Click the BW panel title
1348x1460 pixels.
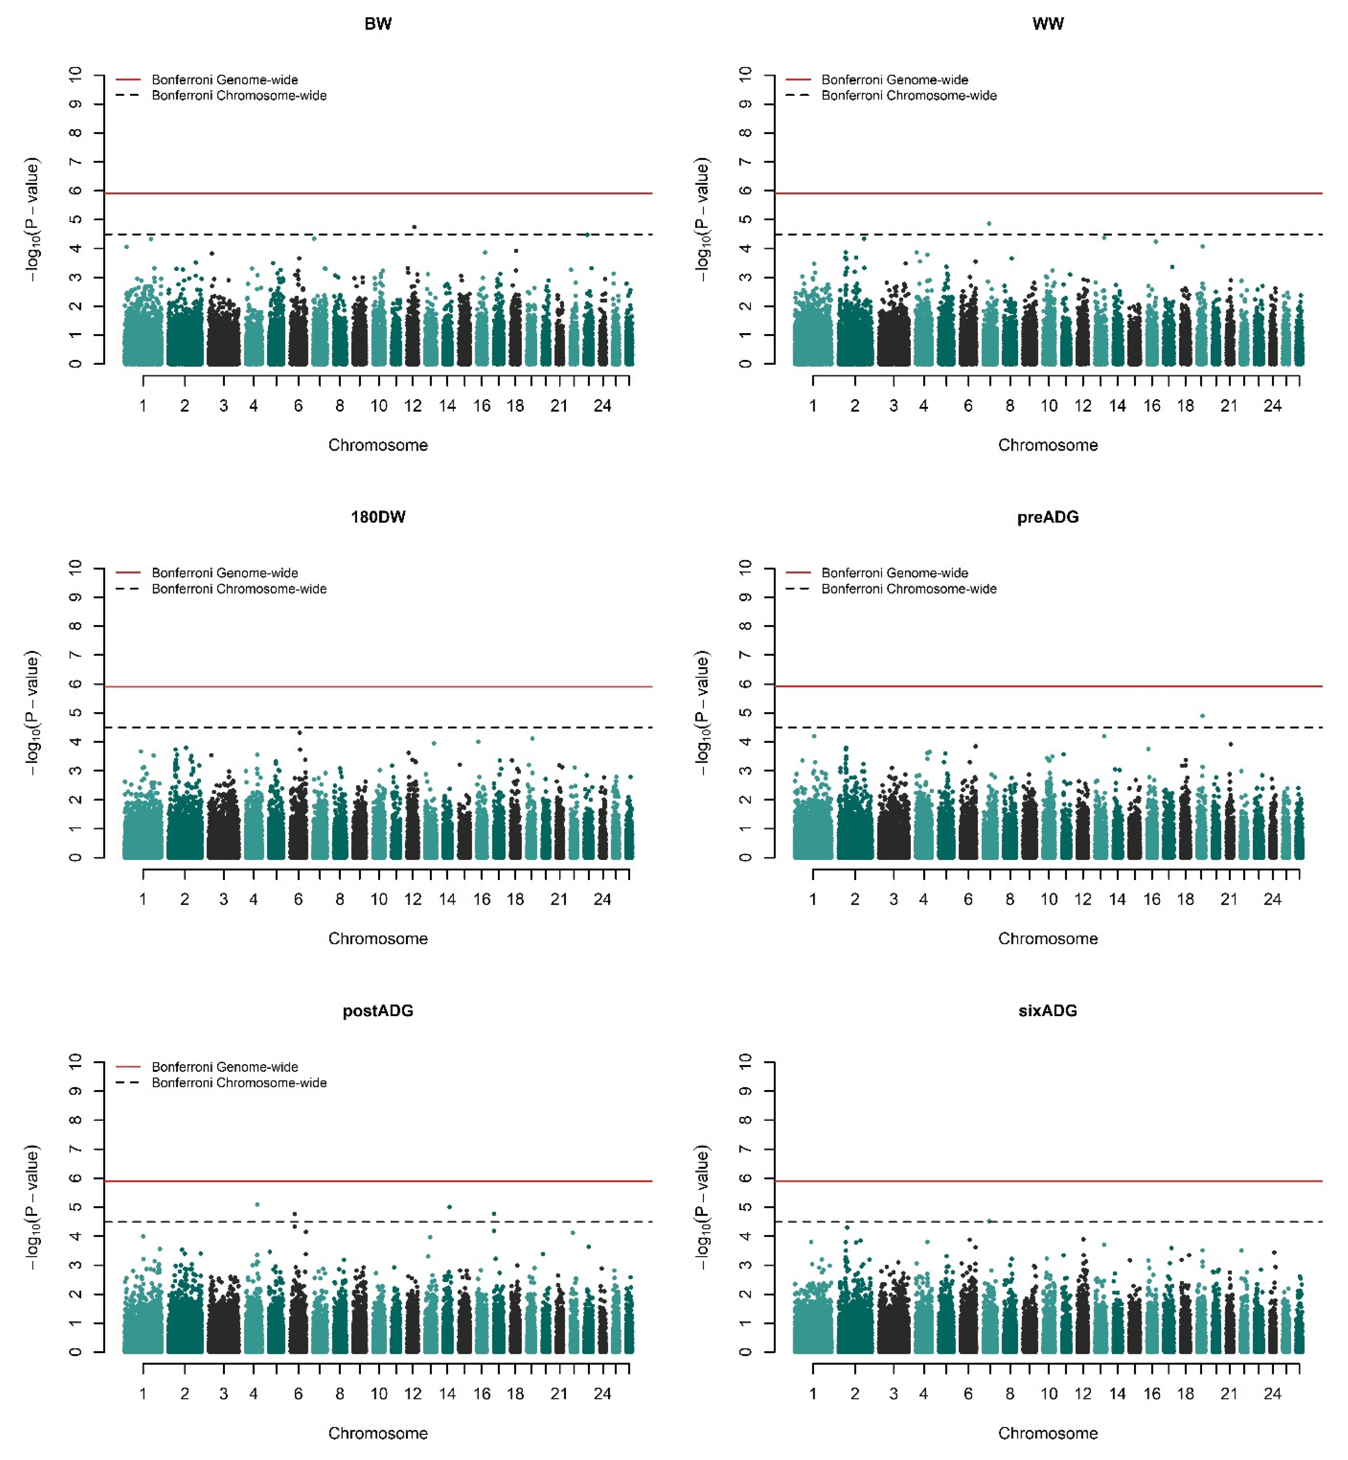[x=378, y=24]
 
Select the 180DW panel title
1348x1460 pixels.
[x=378, y=517]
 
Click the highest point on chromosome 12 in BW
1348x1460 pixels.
[x=414, y=227]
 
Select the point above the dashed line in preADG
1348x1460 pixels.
[x=1203, y=716]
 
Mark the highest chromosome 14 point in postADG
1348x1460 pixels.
[x=449, y=1207]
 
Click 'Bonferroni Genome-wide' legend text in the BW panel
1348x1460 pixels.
[x=225, y=80]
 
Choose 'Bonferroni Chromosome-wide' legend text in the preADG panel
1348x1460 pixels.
[x=909, y=589]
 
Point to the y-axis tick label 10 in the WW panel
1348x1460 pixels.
[x=745, y=74]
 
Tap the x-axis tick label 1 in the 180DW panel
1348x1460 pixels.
[x=143, y=900]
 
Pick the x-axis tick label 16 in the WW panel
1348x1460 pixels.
[x=1152, y=407]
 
